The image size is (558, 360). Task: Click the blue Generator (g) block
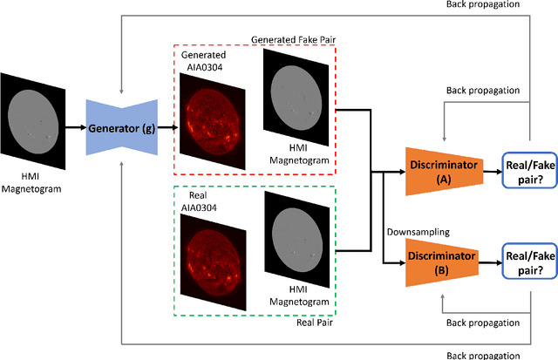pyautogui.click(x=122, y=128)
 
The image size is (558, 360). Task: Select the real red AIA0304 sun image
pyautogui.click(x=212, y=248)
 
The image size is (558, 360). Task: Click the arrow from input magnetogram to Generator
pyautogui.click(x=76, y=128)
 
